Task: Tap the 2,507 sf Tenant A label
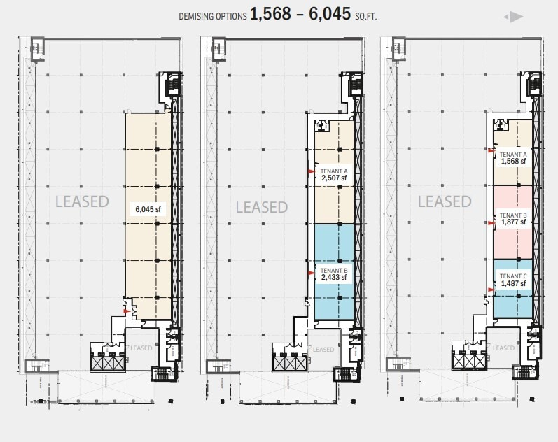click(334, 175)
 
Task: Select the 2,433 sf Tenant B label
click(334, 273)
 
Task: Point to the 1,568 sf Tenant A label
click(513, 157)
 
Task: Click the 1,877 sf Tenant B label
click(513, 219)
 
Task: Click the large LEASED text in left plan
click(83, 201)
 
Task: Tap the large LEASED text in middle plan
click(262, 207)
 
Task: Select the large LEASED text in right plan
click(445, 201)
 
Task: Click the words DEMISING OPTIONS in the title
click(212, 16)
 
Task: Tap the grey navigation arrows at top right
click(513, 17)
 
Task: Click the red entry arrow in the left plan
click(127, 311)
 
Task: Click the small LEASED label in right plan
click(504, 348)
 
